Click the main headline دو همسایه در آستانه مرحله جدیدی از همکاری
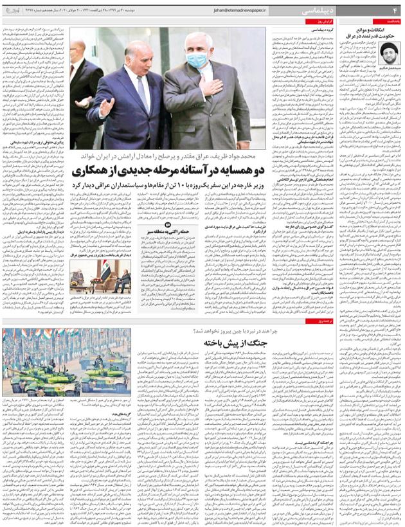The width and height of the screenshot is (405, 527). point(171,172)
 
